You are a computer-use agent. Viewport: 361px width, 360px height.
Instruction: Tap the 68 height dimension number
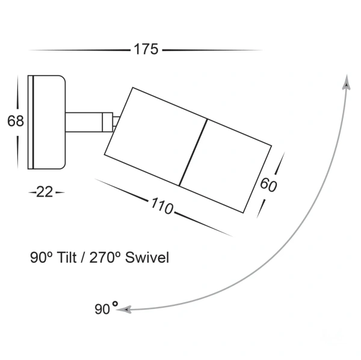(x=15, y=121)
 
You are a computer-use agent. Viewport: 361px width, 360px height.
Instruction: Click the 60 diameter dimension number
(x=268, y=185)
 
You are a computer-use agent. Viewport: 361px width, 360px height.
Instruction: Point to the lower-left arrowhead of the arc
(x=124, y=310)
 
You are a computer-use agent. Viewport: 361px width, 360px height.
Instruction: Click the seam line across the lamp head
(x=194, y=152)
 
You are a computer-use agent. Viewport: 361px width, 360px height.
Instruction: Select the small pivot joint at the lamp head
(x=114, y=122)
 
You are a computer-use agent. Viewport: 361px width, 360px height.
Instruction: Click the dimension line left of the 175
(x=78, y=50)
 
